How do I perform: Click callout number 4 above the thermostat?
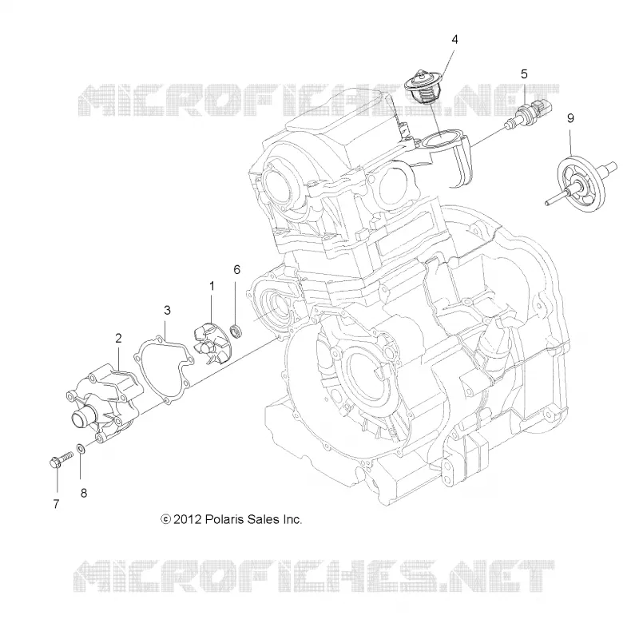tap(454, 39)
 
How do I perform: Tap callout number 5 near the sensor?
tap(524, 74)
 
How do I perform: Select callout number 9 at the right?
tap(570, 118)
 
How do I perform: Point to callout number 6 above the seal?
tap(236, 269)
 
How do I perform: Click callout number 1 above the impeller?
tap(212, 286)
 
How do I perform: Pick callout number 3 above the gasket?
tap(167, 310)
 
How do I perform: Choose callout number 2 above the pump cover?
tap(118, 338)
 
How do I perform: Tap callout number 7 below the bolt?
tap(56, 504)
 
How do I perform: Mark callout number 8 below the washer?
tap(84, 493)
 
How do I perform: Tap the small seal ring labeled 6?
tap(236, 331)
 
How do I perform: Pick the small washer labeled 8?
tap(81, 449)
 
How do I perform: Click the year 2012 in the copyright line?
tap(188, 520)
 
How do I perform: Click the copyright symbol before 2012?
tap(165, 520)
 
